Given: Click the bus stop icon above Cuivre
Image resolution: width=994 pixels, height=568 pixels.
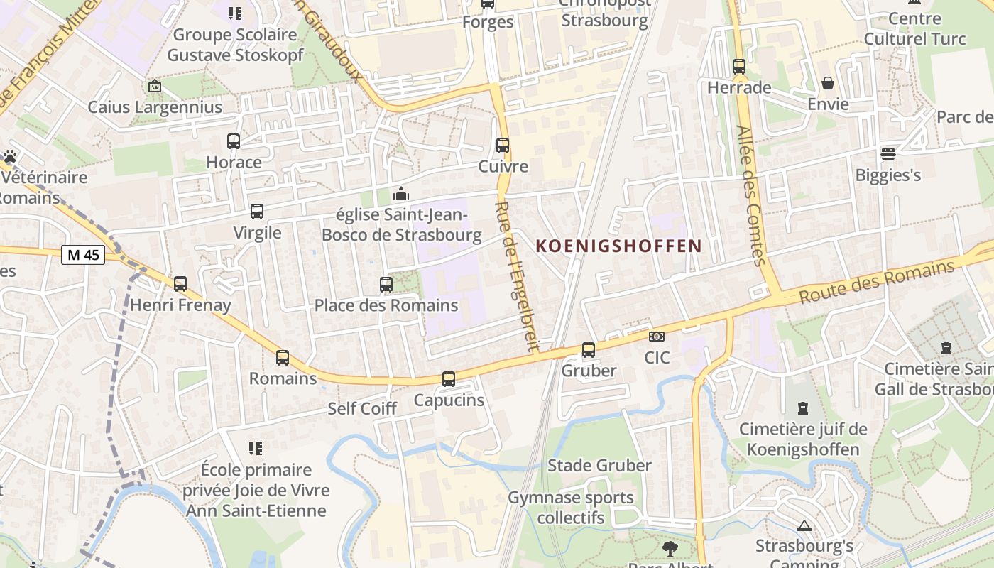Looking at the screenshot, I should coord(503,146).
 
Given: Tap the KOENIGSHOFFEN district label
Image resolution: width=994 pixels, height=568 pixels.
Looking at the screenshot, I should coord(618,246).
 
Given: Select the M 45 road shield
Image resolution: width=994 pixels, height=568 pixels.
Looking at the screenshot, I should coord(83,254).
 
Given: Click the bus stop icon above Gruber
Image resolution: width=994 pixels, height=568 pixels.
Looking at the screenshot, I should coord(589,350).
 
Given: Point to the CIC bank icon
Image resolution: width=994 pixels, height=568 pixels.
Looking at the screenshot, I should coord(657,337).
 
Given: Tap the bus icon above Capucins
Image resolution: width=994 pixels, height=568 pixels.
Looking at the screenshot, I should coord(449,379).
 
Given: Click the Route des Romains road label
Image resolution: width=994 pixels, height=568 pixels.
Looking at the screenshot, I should coord(877,282).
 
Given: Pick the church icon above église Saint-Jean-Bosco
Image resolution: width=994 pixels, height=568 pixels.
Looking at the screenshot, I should coord(401,193).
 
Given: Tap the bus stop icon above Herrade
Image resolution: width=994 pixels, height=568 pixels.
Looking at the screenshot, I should coord(739,67).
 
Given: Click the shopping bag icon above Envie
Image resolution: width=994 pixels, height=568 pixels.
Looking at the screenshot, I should coord(828,83).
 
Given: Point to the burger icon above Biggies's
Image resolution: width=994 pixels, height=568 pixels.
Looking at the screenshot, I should coord(887,153).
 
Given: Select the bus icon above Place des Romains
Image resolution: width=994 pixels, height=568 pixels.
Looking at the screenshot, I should coord(386,285).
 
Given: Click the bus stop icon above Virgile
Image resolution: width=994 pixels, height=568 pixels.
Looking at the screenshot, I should coord(257,212).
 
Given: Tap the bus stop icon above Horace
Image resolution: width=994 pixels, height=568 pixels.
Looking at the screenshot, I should coord(234,141).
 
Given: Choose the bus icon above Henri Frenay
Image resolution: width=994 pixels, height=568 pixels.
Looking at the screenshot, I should coord(180,284).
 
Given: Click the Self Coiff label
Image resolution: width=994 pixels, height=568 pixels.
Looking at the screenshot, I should coord(362,409).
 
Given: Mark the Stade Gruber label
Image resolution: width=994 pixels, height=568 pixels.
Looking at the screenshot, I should coord(599,466).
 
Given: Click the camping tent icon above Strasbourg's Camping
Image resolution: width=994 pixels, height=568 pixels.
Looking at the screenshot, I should coord(804,526).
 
